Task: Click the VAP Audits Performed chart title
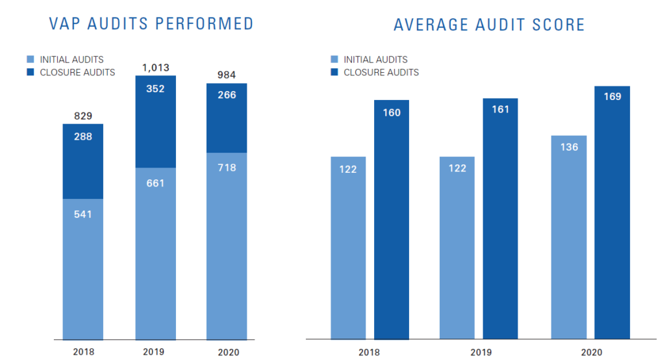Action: [151, 24]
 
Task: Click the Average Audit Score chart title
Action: [489, 25]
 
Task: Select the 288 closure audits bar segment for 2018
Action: [83, 161]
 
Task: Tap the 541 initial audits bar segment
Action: [83, 269]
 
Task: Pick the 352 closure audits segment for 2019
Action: [155, 122]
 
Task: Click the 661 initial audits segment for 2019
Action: [155, 253]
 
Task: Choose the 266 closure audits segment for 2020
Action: [227, 118]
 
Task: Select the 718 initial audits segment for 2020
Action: [227, 246]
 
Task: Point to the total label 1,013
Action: [155, 67]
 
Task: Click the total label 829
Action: [83, 116]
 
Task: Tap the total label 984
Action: [227, 75]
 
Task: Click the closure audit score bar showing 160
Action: [392, 220]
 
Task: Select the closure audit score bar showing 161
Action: [500, 218]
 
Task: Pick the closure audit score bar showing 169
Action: [612, 212]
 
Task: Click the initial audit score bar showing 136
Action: [569, 237]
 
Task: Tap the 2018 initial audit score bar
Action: [348, 248]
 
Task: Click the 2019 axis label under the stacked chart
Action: [155, 352]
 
